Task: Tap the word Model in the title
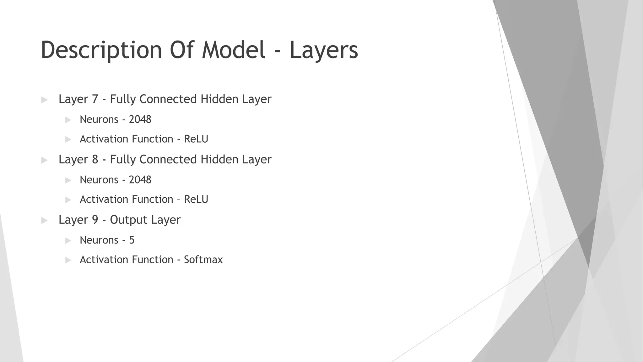click(234, 50)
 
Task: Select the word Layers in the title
click(323, 50)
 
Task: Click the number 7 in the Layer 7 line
click(95, 99)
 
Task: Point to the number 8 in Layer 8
click(95, 160)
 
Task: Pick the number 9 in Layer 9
click(95, 220)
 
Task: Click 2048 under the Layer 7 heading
click(140, 120)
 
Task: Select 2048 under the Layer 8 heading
click(140, 180)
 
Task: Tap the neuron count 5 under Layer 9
click(132, 240)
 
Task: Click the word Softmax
click(203, 260)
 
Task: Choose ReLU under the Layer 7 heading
click(196, 139)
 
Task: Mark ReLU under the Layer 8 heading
click(196, 200)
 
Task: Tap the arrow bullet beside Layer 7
click(44, 100)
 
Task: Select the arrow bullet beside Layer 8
click(44, 160)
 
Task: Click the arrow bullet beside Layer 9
click(44, 221)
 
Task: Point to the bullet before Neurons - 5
click(68, 241)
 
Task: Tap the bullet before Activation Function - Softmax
click(68, 260)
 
